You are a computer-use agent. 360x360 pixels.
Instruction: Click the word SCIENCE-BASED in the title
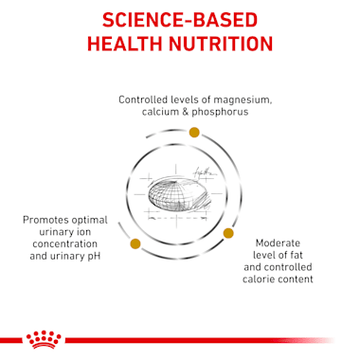pyautogui.click(x=180, y=20)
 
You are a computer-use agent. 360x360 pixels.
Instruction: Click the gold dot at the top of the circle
pyautogui.click(x=194, y=131)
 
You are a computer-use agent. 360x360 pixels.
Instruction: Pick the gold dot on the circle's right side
pyautogui.click(x=227, y=233)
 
